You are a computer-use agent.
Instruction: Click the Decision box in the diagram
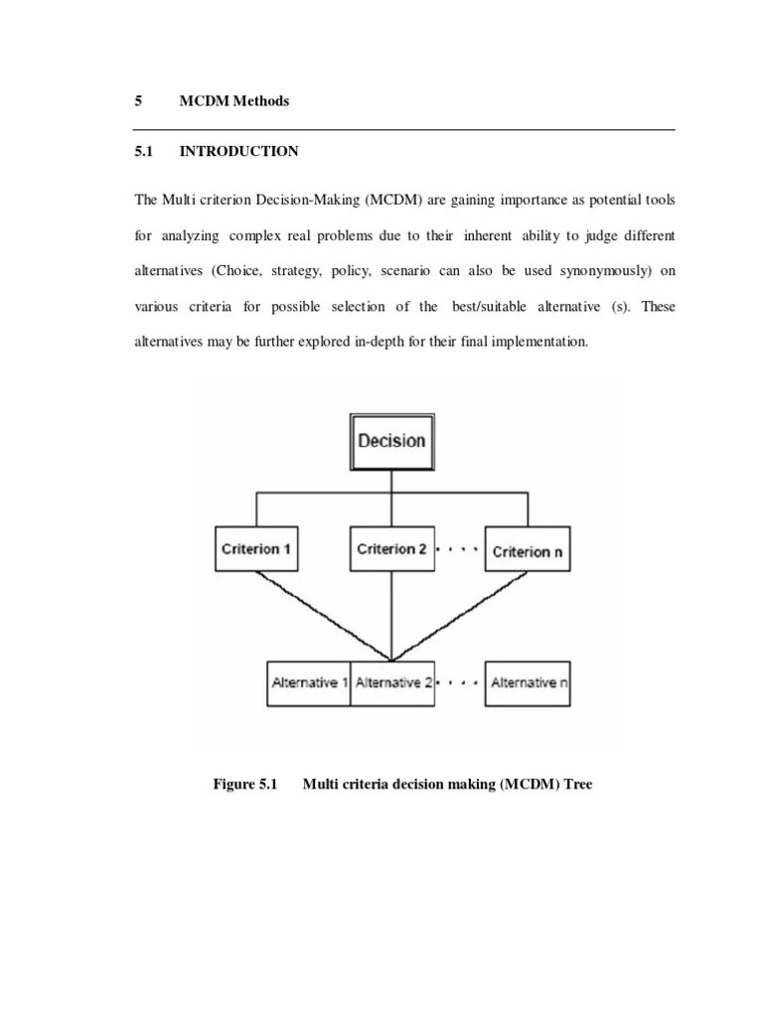(x=391, y=440)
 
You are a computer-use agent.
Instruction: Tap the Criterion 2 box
(x=391, y=548)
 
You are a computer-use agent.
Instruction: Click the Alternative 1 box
(x=309, y=682)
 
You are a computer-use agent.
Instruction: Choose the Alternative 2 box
(x=392, y=682)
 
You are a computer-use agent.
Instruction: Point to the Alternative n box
(x=528, y=682)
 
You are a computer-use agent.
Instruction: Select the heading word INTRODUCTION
(x=238, y=152)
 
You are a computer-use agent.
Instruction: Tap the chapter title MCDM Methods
(x=234, y=101)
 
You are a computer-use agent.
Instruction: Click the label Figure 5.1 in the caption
(x=244, y=785)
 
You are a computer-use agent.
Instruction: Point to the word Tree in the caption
(x=577, y=785)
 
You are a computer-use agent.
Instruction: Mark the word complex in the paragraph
(x=256, y=235)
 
